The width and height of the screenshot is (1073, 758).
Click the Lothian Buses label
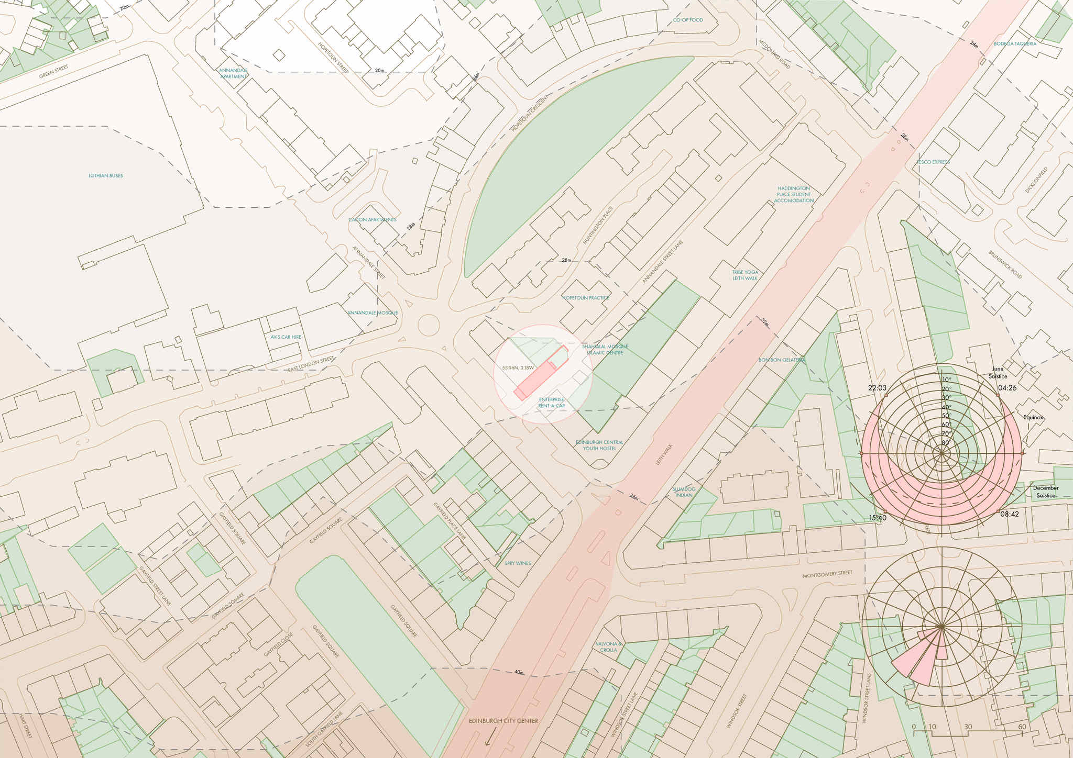click(106, 176)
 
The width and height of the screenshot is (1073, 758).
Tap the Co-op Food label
click(688, 20)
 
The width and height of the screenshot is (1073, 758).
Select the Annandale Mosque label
click(373, 313)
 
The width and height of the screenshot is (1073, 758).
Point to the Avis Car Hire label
click(286, 337)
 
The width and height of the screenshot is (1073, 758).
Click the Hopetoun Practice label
click(586, 298)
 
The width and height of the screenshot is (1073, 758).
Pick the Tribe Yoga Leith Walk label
click(745, 275)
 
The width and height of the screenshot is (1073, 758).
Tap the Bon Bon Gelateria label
click(782, 360)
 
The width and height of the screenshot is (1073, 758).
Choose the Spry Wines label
click(518, 563)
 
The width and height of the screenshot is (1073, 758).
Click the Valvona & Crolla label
click(608, 646)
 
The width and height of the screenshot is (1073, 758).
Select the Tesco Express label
click(933, 162)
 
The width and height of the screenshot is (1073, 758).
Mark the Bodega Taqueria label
click(1015, 44)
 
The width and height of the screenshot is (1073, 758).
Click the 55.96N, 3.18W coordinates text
click(518, 368)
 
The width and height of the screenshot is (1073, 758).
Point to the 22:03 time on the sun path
click(877, 388)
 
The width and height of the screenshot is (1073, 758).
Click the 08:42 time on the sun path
click(1010, 515)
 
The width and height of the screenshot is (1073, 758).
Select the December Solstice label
click(1045, 492)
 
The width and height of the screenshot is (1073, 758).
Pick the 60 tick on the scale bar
click(1022, 727)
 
